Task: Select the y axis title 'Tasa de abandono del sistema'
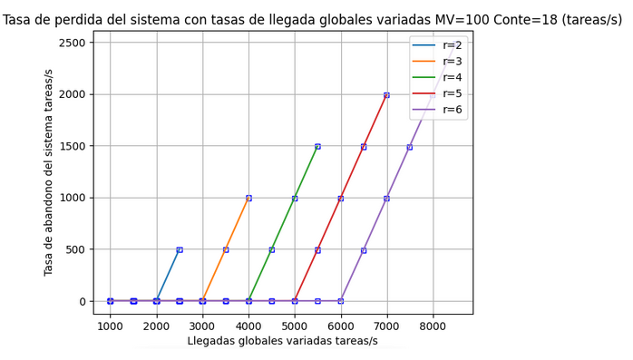(x=49, y=171)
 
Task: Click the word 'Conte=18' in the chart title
(x=508, y=21)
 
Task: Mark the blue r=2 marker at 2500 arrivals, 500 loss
(x=180, y=249)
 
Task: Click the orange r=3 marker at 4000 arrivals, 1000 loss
(x=248, y=198)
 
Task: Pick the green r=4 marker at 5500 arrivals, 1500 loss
(x=317, y=146)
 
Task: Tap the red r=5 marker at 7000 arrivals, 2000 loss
(x=386, y=94)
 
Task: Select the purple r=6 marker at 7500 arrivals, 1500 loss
(x=409, y=146)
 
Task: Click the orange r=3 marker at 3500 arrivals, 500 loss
(x=226, y=249)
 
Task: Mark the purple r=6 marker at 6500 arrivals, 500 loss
(x=364, y=249)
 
